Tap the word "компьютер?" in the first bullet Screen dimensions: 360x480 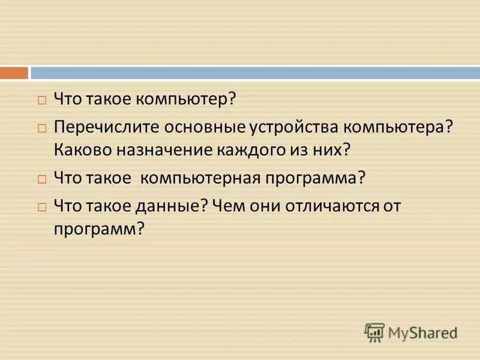(x=185, y=99)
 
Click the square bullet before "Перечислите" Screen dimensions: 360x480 (x=41, y=128)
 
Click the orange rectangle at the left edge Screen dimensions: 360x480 (x=14, y=73)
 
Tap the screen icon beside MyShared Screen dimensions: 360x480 (x=374, y=332)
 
